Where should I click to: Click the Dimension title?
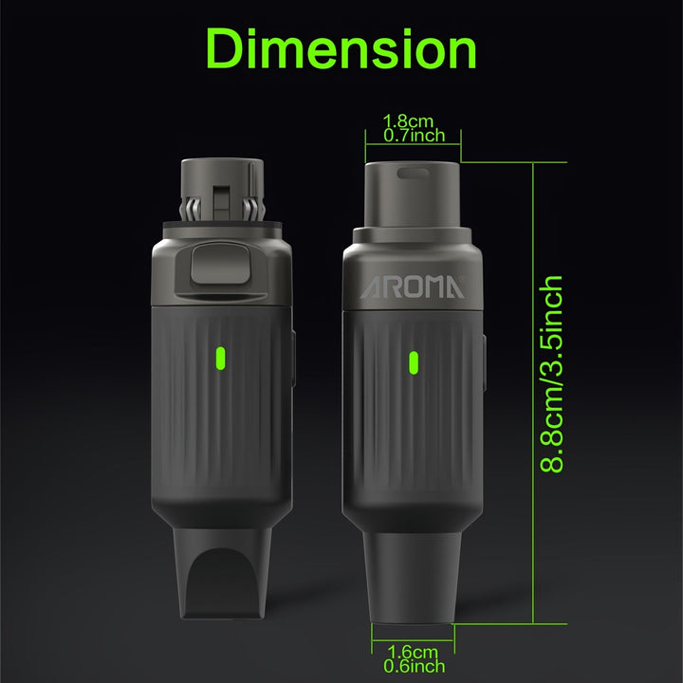point(341,48)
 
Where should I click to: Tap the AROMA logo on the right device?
point(412,287)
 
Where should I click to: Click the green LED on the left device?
point(221,358)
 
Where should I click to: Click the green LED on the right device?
point(414,362)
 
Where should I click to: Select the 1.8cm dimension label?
point(408,120)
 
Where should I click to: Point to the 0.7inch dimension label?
point(415,136)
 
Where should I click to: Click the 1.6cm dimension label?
point(412,652)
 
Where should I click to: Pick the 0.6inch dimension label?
point(415,666)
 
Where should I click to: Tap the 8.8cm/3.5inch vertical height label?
point(551,374)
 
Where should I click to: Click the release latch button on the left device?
point(220,264)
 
